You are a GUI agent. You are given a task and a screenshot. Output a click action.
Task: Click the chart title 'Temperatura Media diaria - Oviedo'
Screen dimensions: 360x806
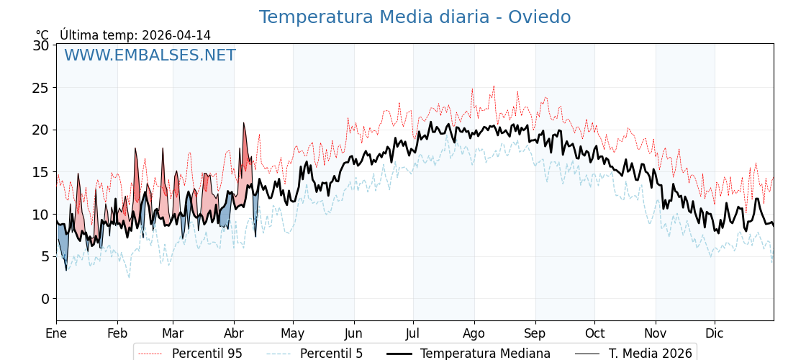(415, 17)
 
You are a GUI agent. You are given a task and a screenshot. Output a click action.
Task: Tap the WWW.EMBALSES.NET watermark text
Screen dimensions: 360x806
(150, 55)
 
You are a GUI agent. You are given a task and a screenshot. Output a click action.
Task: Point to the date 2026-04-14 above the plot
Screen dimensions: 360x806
(176, 35)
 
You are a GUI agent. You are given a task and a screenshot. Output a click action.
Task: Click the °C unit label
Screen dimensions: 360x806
(42, 35)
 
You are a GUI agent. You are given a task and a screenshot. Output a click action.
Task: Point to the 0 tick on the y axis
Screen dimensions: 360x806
(45, 299)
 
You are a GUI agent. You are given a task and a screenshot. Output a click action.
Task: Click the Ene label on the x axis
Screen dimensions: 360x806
(56, 333)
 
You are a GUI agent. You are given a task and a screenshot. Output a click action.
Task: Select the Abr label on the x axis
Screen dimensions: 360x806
(234, 333)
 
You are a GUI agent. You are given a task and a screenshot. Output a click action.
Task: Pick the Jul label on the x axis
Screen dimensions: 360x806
(413, 333)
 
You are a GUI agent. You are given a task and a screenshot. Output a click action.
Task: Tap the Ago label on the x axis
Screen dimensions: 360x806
(474, 333)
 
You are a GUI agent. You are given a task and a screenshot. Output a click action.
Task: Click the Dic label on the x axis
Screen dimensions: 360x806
(715, 333)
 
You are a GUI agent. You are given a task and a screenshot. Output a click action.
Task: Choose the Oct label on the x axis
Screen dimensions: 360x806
(594, 333)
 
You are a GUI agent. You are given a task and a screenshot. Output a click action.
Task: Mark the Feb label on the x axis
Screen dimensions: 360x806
(117, 333)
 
